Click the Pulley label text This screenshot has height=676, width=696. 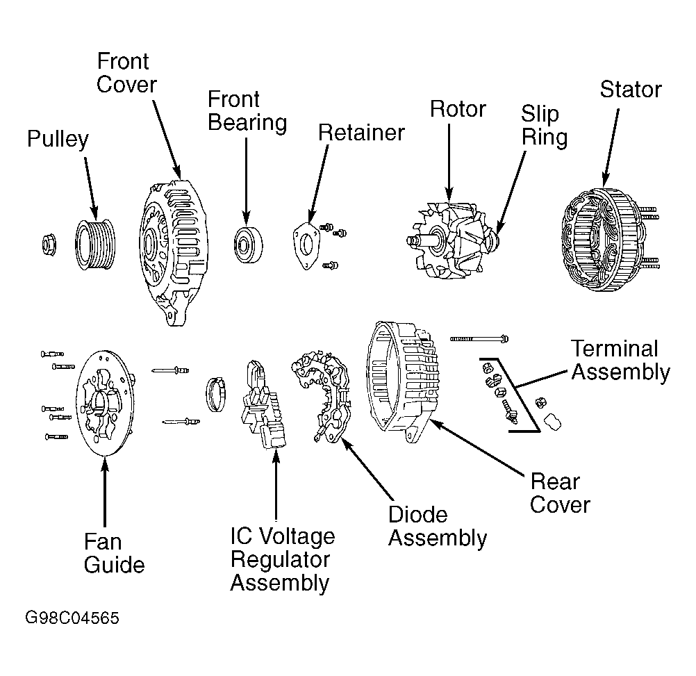[58, 140]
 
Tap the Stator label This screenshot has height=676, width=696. [631, 90]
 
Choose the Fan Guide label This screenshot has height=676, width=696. [114, 553]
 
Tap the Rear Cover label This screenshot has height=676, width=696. [560, 493]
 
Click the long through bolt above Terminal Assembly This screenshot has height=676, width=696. [479, 338]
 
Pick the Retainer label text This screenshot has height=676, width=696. [361, 133]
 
